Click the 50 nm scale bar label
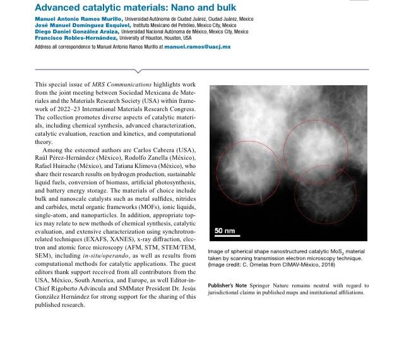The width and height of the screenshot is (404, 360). coord(225,231)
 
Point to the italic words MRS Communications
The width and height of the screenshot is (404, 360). coord(118,84)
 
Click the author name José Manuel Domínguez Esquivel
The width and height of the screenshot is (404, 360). coord(80,25)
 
